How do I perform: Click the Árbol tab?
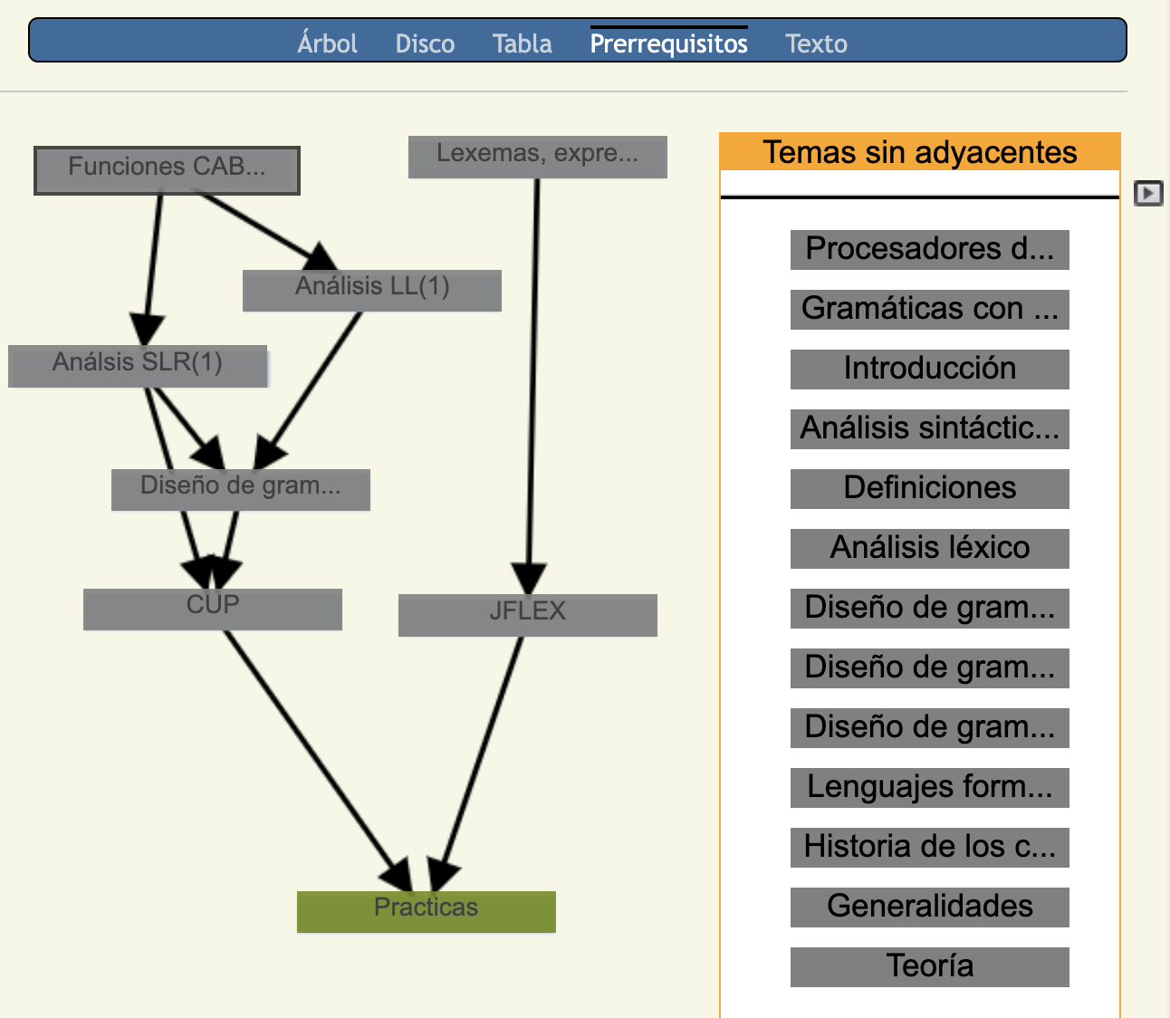[327, 43]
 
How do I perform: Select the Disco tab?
[425, 43]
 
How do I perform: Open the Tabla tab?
[523, 43]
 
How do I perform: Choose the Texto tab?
[816, 43]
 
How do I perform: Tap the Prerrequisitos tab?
[668, 43]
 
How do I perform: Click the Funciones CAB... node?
[167, 170]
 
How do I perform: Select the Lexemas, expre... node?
[538, 157]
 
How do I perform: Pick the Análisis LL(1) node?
[372, 291]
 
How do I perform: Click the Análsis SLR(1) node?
[138, 366]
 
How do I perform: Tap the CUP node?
[213, 610]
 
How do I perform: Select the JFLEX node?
[528, 615]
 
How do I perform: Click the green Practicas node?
[426, 912]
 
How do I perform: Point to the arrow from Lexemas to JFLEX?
[533, 387]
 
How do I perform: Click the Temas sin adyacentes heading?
[919, 152]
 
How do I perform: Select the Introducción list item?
[930, 370]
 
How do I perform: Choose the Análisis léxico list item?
[930, 549]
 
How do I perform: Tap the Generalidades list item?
[930, 907]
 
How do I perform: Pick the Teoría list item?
[930, 967]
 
